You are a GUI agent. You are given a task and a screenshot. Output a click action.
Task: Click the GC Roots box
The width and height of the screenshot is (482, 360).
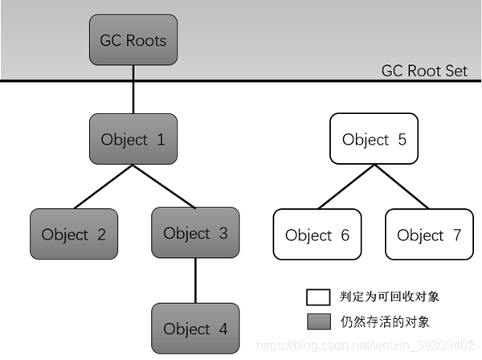coord(133,39)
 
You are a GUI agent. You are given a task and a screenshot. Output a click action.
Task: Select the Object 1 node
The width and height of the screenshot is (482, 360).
coord(133,139)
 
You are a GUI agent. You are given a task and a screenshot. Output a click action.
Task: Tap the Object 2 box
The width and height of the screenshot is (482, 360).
coord(74,235)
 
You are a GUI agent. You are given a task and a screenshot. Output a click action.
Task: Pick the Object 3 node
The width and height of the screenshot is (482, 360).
coord(195,233)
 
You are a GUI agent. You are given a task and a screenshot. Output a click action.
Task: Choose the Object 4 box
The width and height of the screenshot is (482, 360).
coord(195,329)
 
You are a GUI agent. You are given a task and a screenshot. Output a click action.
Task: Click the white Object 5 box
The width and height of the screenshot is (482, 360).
coord(374,139)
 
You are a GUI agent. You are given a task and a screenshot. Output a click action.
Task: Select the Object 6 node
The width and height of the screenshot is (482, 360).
coord(317,235)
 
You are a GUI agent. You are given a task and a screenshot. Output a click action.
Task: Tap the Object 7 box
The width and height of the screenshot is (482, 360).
coord(429,235)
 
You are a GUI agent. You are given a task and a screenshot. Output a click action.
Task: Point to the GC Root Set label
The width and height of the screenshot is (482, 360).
coord(423,71)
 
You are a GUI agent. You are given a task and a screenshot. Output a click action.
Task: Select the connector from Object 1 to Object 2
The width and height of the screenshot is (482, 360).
coord(102,186)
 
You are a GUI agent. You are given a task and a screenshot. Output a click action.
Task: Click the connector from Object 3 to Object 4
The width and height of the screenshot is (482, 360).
coord(195,281)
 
